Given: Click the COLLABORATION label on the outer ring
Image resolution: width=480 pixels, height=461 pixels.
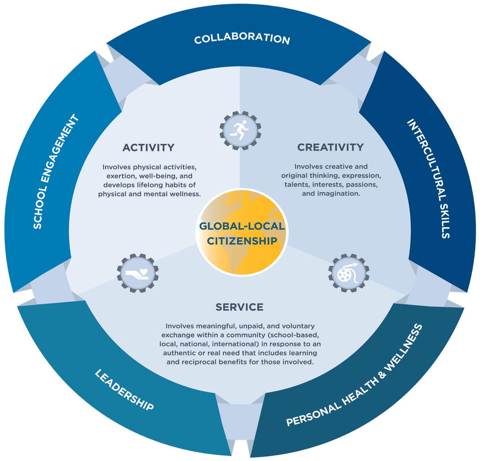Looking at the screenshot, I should (x=242, y=39).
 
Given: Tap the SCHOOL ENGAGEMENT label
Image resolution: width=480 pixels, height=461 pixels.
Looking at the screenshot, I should (x=56, y=172).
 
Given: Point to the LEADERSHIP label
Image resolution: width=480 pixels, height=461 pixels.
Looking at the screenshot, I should (x=124, y=390).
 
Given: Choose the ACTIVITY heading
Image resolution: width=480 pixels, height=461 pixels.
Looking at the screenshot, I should (x=148, y=147).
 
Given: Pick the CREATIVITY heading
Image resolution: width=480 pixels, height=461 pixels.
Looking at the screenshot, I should (x=330, y=147).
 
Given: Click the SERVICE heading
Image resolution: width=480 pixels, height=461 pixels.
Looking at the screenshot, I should (x=239, y=307).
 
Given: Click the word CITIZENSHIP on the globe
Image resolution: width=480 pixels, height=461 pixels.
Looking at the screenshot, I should (x=242, y=241).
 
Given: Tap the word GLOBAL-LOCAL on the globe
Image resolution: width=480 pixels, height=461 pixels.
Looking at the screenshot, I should (x=242, y=226).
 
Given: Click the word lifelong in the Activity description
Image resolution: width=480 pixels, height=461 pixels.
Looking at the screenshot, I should (x=156, y=185).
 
